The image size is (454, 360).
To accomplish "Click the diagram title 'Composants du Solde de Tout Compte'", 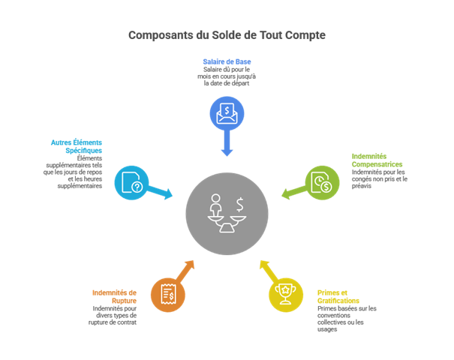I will pos(227,35).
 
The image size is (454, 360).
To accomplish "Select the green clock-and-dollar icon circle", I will pos(323,183).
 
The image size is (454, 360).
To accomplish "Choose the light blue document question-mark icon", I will pos(131,182).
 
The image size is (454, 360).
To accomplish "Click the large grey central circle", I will pos(227,214).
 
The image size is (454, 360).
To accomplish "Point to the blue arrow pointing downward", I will pos(227,144).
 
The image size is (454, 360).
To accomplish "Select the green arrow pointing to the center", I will pos(293,193).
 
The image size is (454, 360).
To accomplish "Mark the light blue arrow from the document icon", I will pos(160,193).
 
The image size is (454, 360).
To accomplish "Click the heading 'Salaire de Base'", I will pos(227,61).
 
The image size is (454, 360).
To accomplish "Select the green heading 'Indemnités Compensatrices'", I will pos(377,160).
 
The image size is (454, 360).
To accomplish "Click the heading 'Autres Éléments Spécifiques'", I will pos(77,145).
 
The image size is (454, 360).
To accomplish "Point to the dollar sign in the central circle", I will pos(239,203).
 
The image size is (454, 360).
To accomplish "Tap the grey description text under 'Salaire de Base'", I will pos(227,76).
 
